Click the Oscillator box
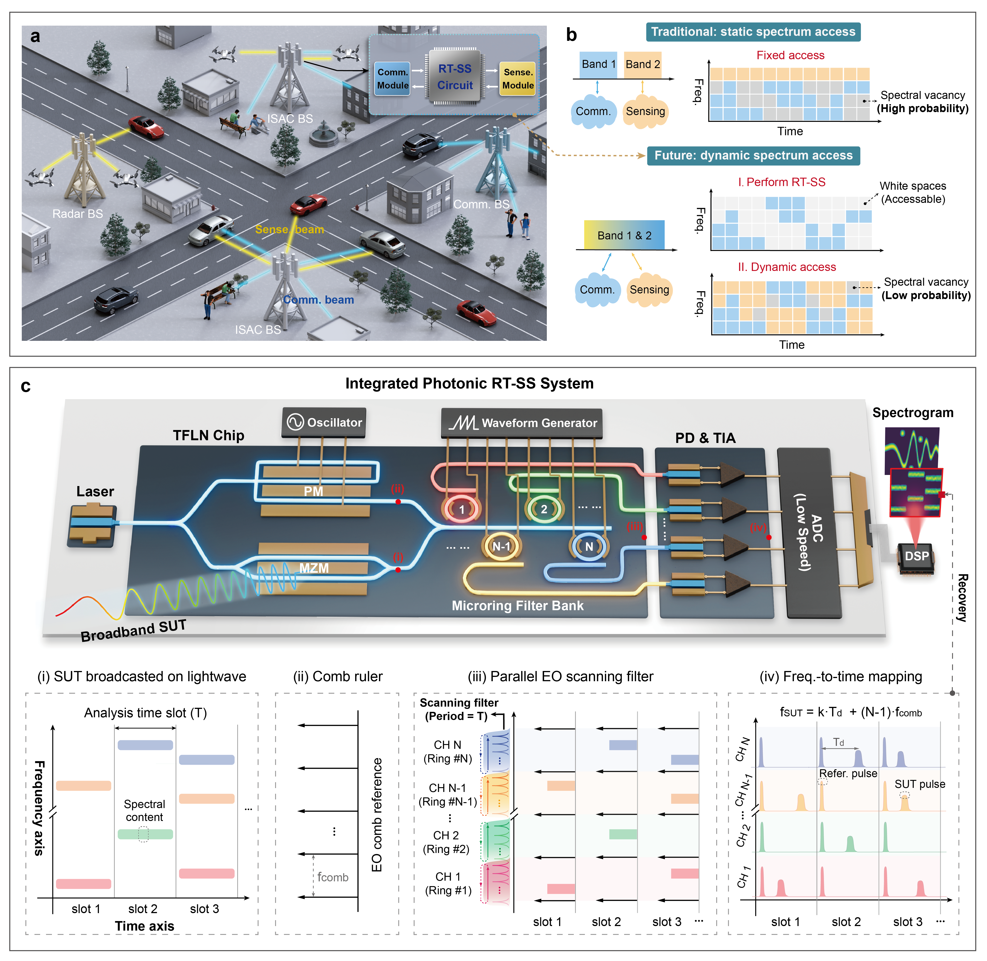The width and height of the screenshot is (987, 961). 324,423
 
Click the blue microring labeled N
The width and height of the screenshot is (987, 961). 589,546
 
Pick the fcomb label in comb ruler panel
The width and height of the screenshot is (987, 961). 332,877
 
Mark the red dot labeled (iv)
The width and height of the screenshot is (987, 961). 769,538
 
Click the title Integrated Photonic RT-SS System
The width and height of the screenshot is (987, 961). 469,383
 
